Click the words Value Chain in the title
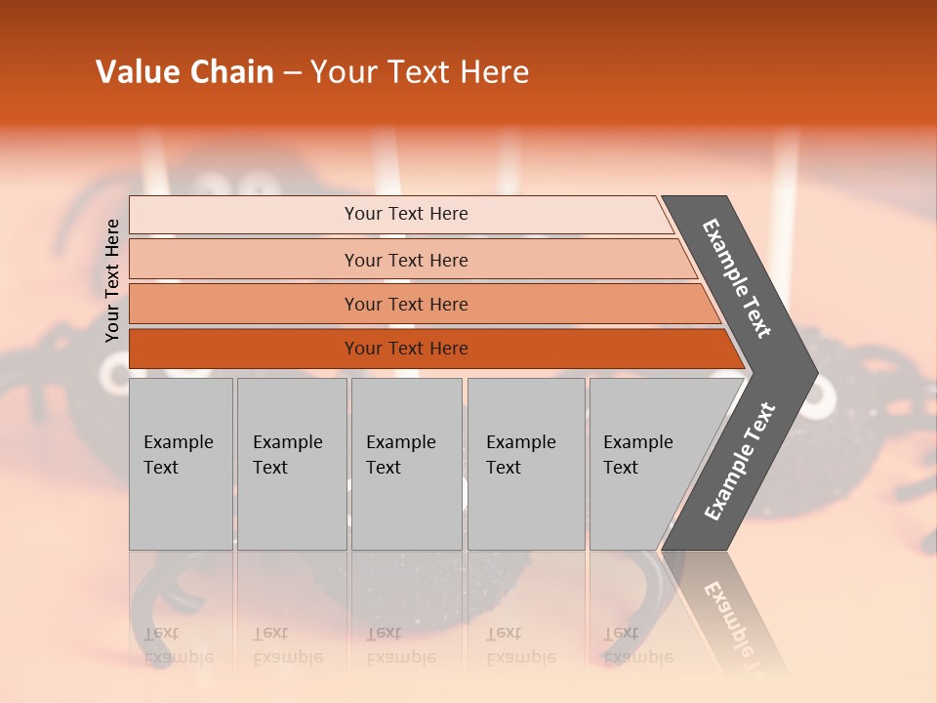184,72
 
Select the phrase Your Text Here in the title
420,72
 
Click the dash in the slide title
292,73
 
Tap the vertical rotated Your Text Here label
112,281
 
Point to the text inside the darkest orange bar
406,349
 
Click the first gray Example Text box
181,464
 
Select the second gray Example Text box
291,464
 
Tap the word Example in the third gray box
400,442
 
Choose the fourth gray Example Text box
525,464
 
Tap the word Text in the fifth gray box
621,468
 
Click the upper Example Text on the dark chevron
737,278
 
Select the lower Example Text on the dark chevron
739,462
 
